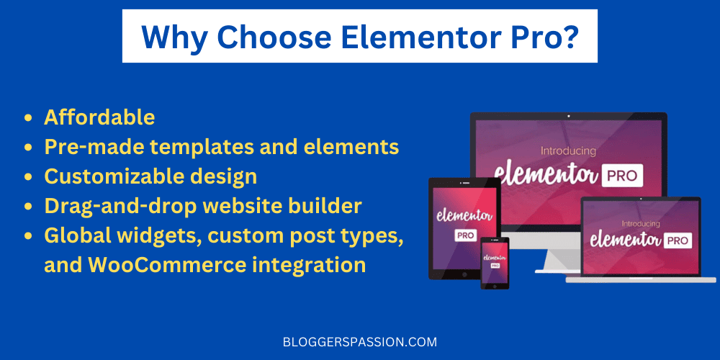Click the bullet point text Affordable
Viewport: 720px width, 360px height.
(99, 117)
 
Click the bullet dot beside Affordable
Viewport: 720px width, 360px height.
(28, 117)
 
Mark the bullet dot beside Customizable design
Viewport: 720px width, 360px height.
(28, 177)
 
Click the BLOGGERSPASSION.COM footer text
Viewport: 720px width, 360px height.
(360, 342)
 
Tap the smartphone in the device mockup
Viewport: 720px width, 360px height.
(495, 263)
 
